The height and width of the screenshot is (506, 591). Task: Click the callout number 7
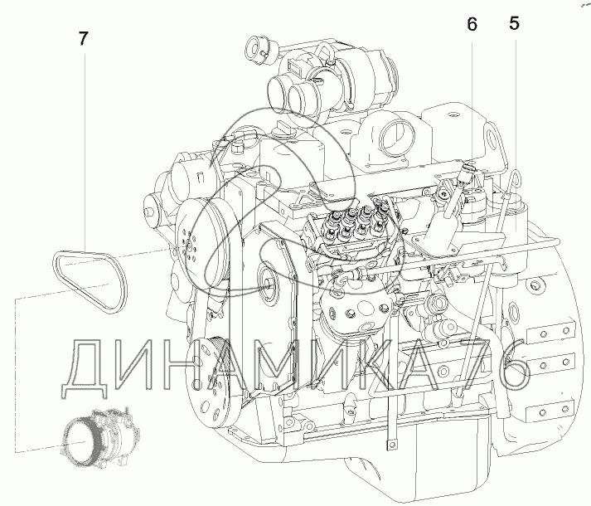[83, 38]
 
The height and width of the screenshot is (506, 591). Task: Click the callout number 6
[472, 25]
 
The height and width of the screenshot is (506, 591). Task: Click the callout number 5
[514, 23]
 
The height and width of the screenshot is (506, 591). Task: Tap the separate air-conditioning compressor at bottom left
[96, 435]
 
